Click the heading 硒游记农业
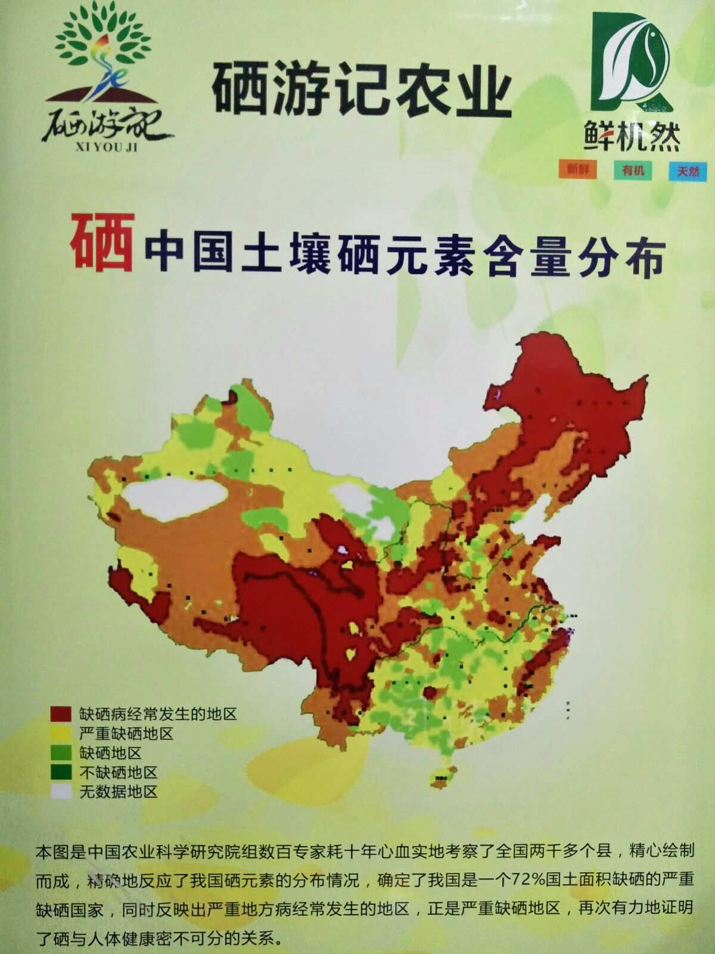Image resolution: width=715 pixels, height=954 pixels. click(x=362, y=91)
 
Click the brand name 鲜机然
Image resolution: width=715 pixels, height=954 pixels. click(x=632, y=139)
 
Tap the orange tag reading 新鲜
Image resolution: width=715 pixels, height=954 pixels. click(x=577, y=169)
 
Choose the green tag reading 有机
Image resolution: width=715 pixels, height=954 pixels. click(x=632, y=170)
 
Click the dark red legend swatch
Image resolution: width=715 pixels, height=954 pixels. click(x=61, y=714)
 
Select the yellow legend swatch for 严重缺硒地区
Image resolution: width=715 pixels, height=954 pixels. click(x=61, y=733)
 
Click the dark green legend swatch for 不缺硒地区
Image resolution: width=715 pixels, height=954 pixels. click(x=61, y=773)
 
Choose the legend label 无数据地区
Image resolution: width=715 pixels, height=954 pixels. click(x=118, y=792)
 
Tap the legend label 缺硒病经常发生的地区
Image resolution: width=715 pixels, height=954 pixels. click(x=158, y=714)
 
